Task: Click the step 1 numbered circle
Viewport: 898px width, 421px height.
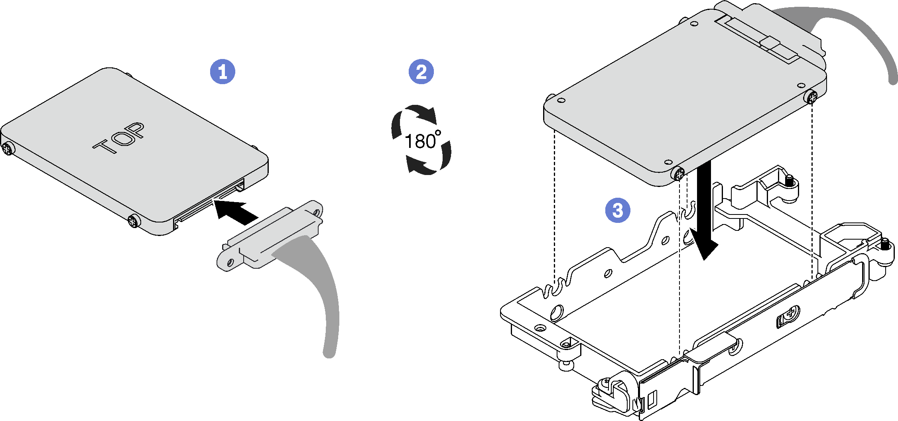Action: coord(223,72)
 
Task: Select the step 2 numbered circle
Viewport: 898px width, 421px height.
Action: coord(421,72)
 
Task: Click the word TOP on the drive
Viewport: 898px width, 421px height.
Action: coord(119,138)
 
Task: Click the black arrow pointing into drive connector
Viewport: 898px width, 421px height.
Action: coord(235,210)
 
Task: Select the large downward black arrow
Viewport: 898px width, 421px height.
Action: coord(705,211)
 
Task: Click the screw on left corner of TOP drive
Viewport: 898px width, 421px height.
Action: coord(8,149)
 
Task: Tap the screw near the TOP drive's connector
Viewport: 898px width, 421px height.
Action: coord(134,220)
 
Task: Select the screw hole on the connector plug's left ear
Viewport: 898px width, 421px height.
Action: coord(230,263)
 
